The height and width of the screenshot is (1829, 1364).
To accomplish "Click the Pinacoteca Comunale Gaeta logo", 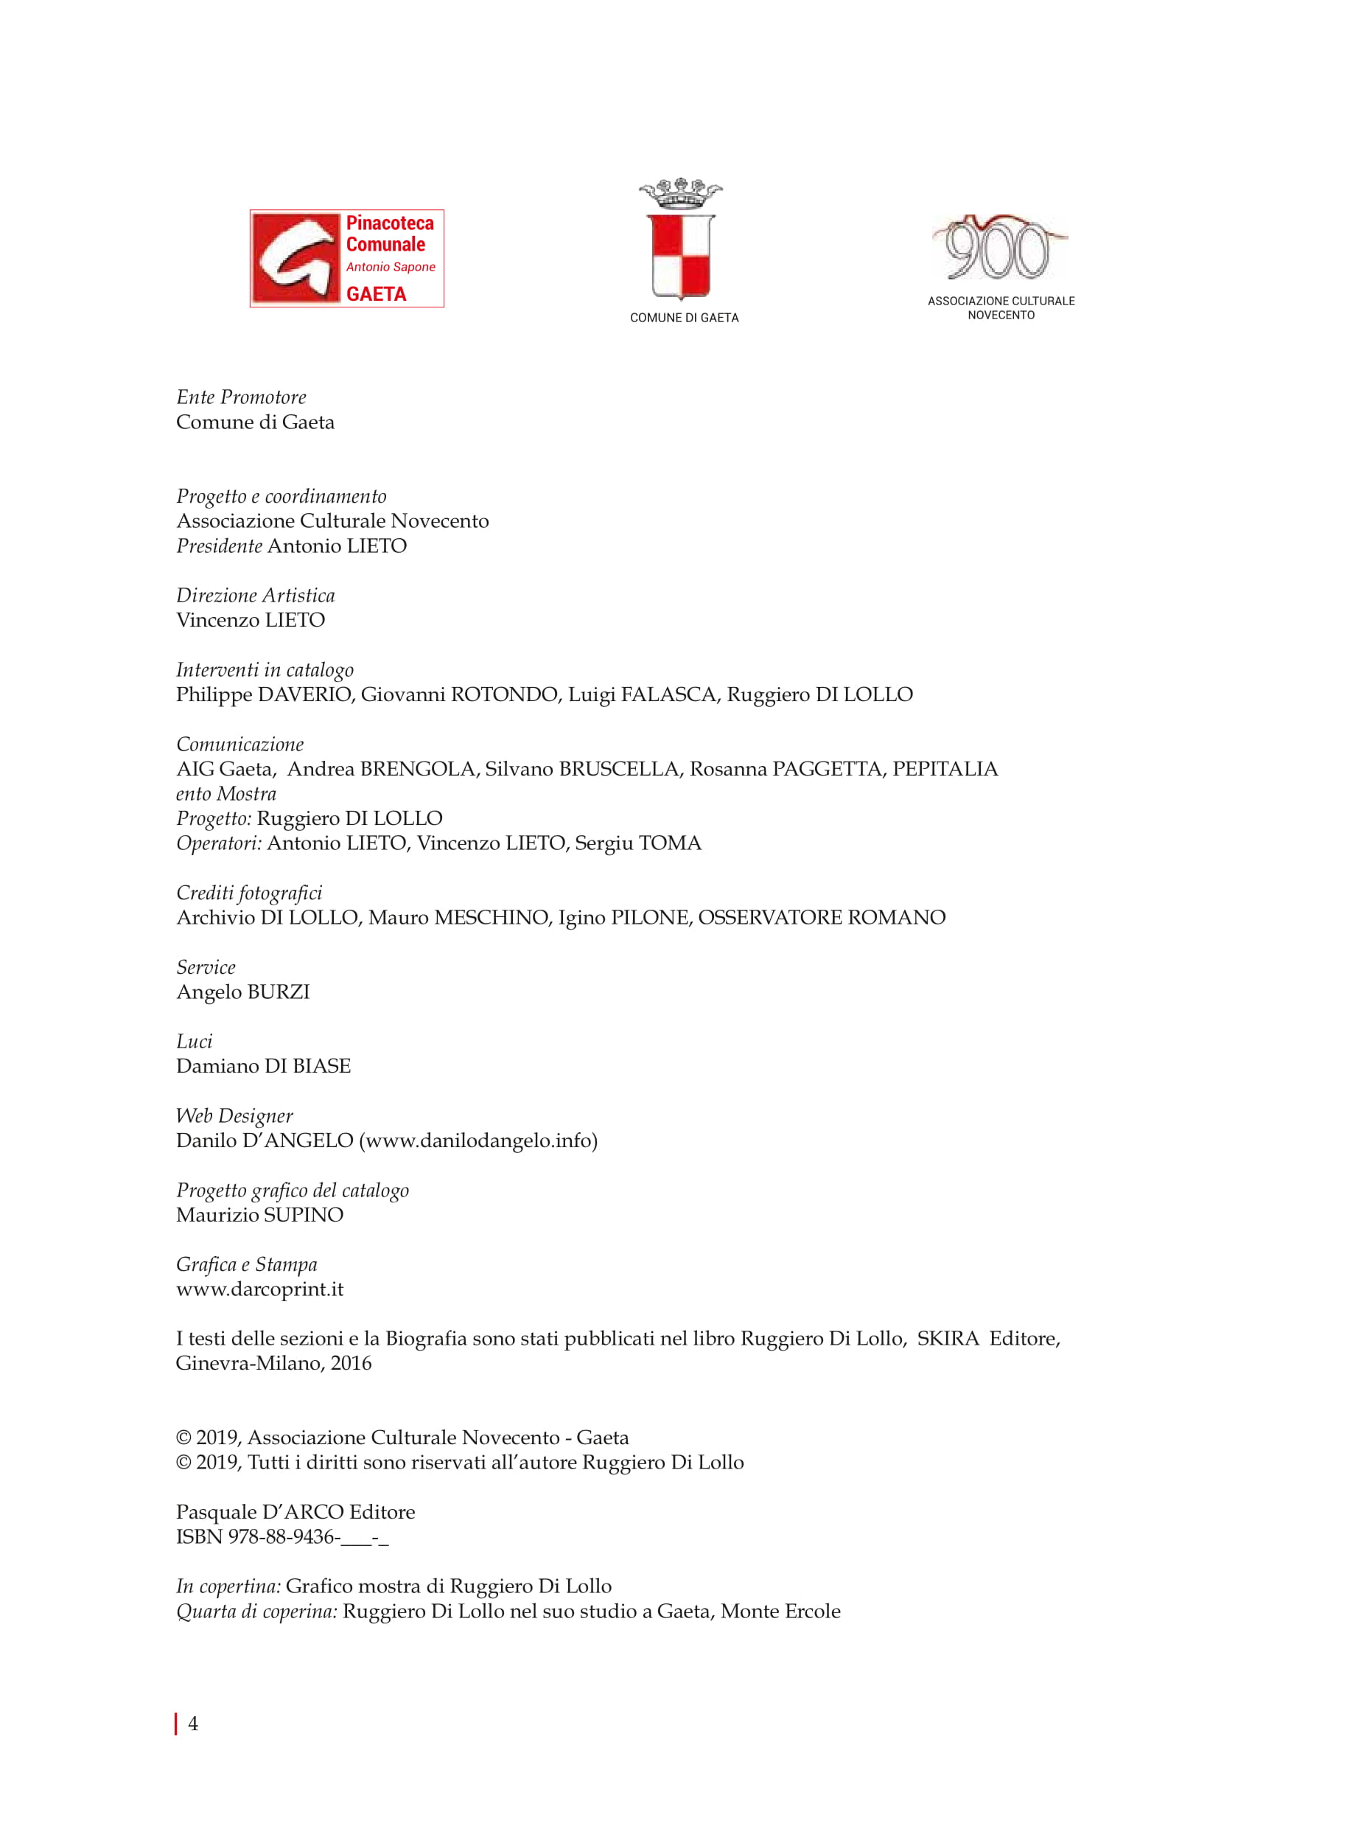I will [347, 259].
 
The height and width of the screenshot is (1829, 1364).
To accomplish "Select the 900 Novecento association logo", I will [999, 248].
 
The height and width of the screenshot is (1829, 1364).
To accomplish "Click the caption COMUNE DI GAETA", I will [684, 318].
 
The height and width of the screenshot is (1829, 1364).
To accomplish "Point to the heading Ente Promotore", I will [241, 397].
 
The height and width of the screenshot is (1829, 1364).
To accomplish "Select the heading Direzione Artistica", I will [255, 596].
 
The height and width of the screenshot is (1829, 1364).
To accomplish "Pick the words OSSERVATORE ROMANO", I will [822, 918].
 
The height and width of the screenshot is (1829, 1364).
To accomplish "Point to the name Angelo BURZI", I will [242, 992].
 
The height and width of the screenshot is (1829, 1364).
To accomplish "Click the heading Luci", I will [194, 1042].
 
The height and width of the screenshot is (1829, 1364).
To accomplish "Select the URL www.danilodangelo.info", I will [478, 1141].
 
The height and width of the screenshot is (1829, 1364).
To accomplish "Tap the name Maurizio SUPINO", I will [259, 1215].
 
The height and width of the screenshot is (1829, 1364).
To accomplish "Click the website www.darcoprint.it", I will [259, 1289].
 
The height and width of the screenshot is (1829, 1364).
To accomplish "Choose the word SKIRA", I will [947, 1339].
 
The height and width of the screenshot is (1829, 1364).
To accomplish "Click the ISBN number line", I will [281, 1537].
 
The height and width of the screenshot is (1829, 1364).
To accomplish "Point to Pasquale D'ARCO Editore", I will [295, 1513].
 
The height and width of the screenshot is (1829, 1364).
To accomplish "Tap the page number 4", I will [193, 1724].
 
